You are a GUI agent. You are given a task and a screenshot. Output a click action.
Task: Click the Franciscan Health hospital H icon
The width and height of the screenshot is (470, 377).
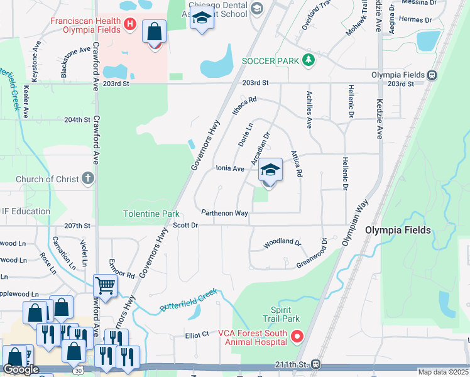(130, 25)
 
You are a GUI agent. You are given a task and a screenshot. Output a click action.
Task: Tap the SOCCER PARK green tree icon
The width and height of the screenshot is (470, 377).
(308, 60)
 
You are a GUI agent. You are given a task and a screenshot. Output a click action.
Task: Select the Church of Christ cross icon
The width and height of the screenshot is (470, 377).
(88, 179)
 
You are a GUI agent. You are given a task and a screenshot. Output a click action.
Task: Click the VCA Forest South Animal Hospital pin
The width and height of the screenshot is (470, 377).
(296, 337)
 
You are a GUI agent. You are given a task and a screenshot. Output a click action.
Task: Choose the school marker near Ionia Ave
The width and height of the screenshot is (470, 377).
(270, 170)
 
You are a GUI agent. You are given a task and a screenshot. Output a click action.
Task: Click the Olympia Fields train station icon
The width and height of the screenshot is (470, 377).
(432, 75)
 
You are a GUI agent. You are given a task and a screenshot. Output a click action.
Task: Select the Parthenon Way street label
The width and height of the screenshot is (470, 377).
(224, 213)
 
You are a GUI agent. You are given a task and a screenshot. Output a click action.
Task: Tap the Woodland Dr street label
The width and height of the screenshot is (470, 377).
(282, 241)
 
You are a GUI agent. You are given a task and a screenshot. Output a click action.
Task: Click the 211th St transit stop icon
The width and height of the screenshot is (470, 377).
(317, 364)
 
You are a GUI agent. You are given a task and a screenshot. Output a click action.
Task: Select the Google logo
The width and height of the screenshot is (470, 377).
(21, 370)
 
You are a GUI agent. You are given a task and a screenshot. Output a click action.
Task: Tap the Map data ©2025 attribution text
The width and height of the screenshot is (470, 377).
(443, 372)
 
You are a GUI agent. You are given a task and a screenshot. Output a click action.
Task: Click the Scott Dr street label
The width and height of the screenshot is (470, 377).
(185, 225)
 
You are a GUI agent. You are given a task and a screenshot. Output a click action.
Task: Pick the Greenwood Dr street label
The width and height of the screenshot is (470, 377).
(312, 253)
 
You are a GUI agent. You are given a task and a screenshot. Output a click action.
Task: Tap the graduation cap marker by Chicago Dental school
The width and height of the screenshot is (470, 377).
(202, 19)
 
